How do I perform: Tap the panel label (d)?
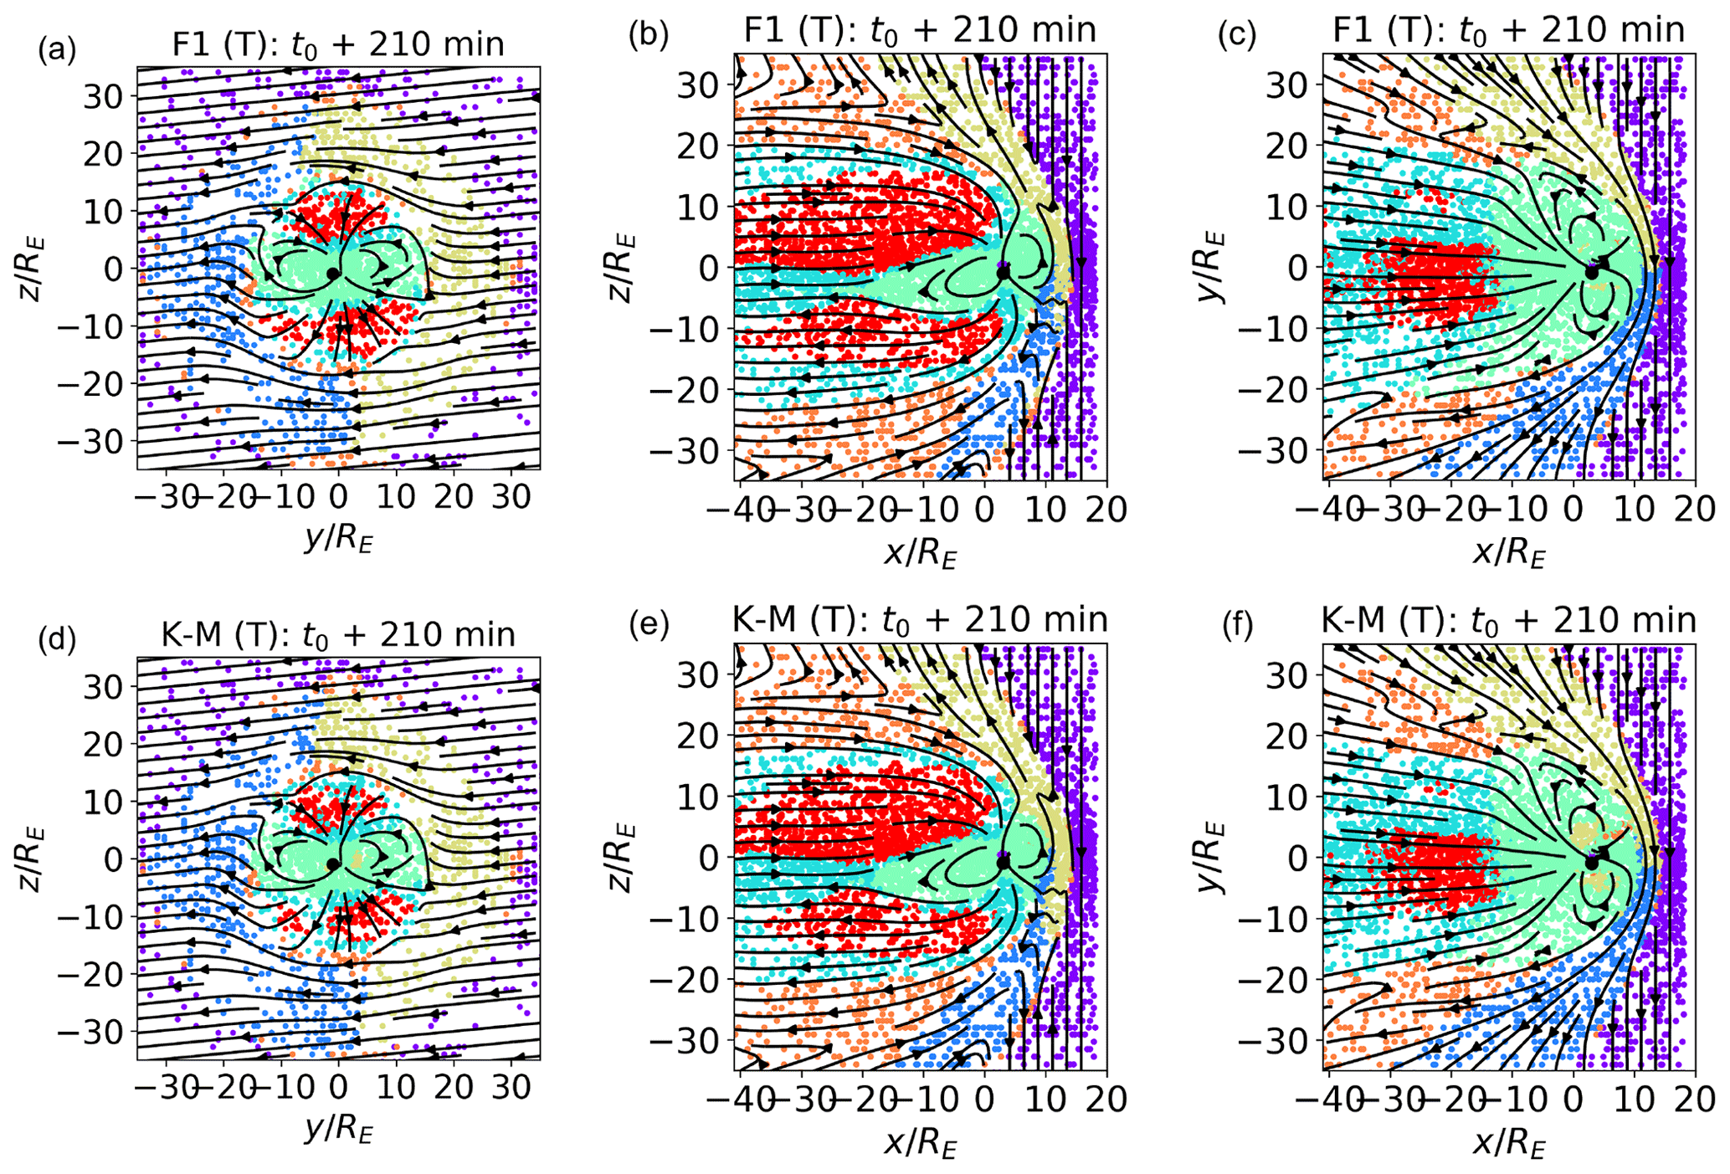[x=58, y=640]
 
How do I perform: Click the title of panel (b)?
[x=920, y=30]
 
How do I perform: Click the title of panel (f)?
[x=1508, y=620]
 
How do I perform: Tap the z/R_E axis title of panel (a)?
[x=33, y=269]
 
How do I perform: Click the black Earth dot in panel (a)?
[x=333, y=274]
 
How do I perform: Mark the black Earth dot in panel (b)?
[x=1004, y=270]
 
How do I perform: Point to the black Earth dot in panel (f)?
[x=1592, y=863]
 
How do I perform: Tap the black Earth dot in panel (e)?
[x=1004, y=862]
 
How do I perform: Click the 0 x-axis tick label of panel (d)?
[x=338, y=1088]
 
